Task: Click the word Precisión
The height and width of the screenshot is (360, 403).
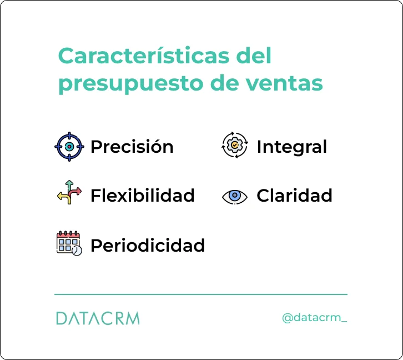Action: click(x=132, y=147)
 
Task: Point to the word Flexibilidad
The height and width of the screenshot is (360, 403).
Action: click(x=142, y=196)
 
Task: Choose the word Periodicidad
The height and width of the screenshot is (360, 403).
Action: click(x=147, y=245)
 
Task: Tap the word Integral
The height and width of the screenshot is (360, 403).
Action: click(x=291, y=147)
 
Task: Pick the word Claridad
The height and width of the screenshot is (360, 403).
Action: click(x=294, y=196)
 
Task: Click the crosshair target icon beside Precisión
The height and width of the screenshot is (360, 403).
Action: click(x=69, y=147)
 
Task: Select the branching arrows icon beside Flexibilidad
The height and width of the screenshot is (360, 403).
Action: click(x=69, y=192)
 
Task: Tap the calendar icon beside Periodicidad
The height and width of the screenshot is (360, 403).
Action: click(x=69, y=243)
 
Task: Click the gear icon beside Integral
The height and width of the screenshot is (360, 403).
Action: click(x=235, y=146)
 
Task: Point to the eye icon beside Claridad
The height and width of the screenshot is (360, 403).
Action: click(x=235, y=196)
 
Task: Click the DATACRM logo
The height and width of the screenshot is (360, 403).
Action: click(x=98, y=318)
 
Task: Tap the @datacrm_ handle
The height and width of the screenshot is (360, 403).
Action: click(x=314, y=318)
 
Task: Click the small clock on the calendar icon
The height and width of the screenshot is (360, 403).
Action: click(x=77, y=251)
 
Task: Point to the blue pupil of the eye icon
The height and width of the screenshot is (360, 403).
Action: click(x=235, y=196)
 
